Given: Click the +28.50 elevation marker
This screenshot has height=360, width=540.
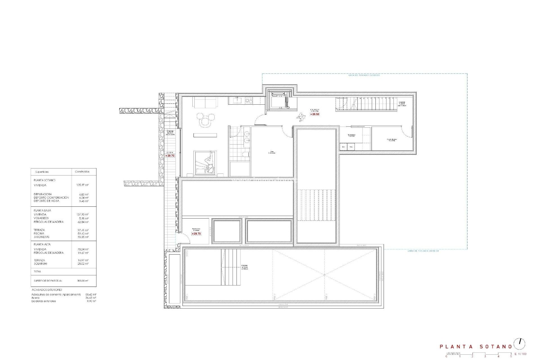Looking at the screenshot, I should (x=315, y=114).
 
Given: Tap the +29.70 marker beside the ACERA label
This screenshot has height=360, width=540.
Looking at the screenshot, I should (x=170, y=156).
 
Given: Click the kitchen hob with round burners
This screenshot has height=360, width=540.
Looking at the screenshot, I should (x=249, y=100).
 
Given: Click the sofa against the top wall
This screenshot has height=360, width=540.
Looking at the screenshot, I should (x=205, y=102).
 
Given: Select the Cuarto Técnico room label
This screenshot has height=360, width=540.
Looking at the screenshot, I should (x=391, y=140).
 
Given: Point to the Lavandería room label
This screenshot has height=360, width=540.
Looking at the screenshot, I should (x=352, y=135).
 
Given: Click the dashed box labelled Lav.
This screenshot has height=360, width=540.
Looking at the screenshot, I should (x=343, y=147).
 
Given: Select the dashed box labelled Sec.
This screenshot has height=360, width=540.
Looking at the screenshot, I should (x=351, y=147).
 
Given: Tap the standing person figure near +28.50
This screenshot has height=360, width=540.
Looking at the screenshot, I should (x=301, y=117).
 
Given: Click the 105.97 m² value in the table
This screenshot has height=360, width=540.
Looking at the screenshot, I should (x=82, y=185).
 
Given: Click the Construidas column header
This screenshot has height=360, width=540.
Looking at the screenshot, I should (x=82, y=172).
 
